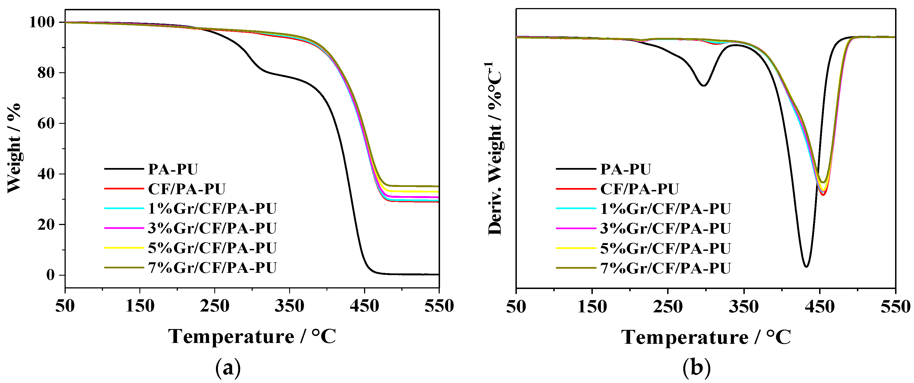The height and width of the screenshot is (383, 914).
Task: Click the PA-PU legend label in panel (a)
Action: (173, 169)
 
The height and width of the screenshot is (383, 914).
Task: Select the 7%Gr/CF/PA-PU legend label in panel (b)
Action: (665, 268)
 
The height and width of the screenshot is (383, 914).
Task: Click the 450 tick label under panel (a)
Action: (364, 306)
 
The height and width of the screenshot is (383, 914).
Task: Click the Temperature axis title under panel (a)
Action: (252, 336)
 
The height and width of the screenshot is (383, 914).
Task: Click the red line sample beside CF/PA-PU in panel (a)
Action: (124, 189)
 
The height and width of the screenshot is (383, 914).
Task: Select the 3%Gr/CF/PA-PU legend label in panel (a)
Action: (212, 228)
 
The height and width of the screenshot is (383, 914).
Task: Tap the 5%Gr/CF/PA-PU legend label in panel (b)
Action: (665, 249)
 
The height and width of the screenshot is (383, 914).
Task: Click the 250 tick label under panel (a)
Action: (214, 306)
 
